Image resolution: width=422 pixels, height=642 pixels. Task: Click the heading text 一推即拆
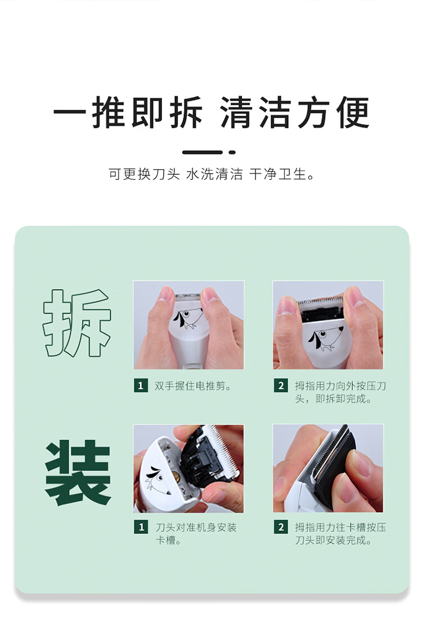click(128, 112)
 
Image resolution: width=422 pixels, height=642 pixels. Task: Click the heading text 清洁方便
click(295, 112)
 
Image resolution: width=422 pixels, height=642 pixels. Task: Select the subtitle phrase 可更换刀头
click(144, 174)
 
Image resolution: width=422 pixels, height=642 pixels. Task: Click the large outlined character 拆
click(77, 323)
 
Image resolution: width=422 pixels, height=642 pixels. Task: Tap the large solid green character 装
click(78, 472)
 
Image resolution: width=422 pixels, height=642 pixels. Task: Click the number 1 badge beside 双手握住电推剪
click(141, 386)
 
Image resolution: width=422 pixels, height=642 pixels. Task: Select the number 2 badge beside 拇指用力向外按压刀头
click(281, 386)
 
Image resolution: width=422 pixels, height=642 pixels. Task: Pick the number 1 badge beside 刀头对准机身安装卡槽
click(141, 527)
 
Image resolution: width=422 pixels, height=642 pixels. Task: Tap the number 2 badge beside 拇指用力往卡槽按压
click(281, 527)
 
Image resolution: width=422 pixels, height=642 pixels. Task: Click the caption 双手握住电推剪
click(192, 386)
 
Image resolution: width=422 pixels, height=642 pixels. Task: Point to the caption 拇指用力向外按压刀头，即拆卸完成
click(340, 392)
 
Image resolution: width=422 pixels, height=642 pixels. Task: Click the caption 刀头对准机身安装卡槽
click(196, 534)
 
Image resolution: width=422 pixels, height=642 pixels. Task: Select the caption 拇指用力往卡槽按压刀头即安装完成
click(340, 534)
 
